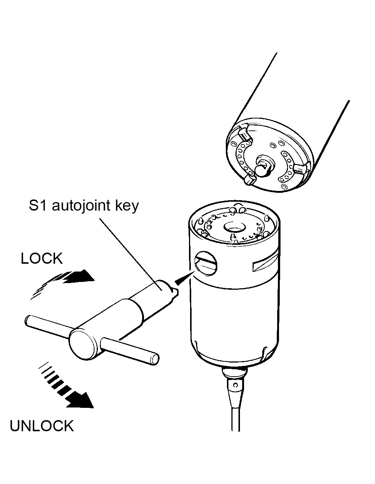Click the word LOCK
click(x=42, y=259)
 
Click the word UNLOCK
click(x=42, y=426)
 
